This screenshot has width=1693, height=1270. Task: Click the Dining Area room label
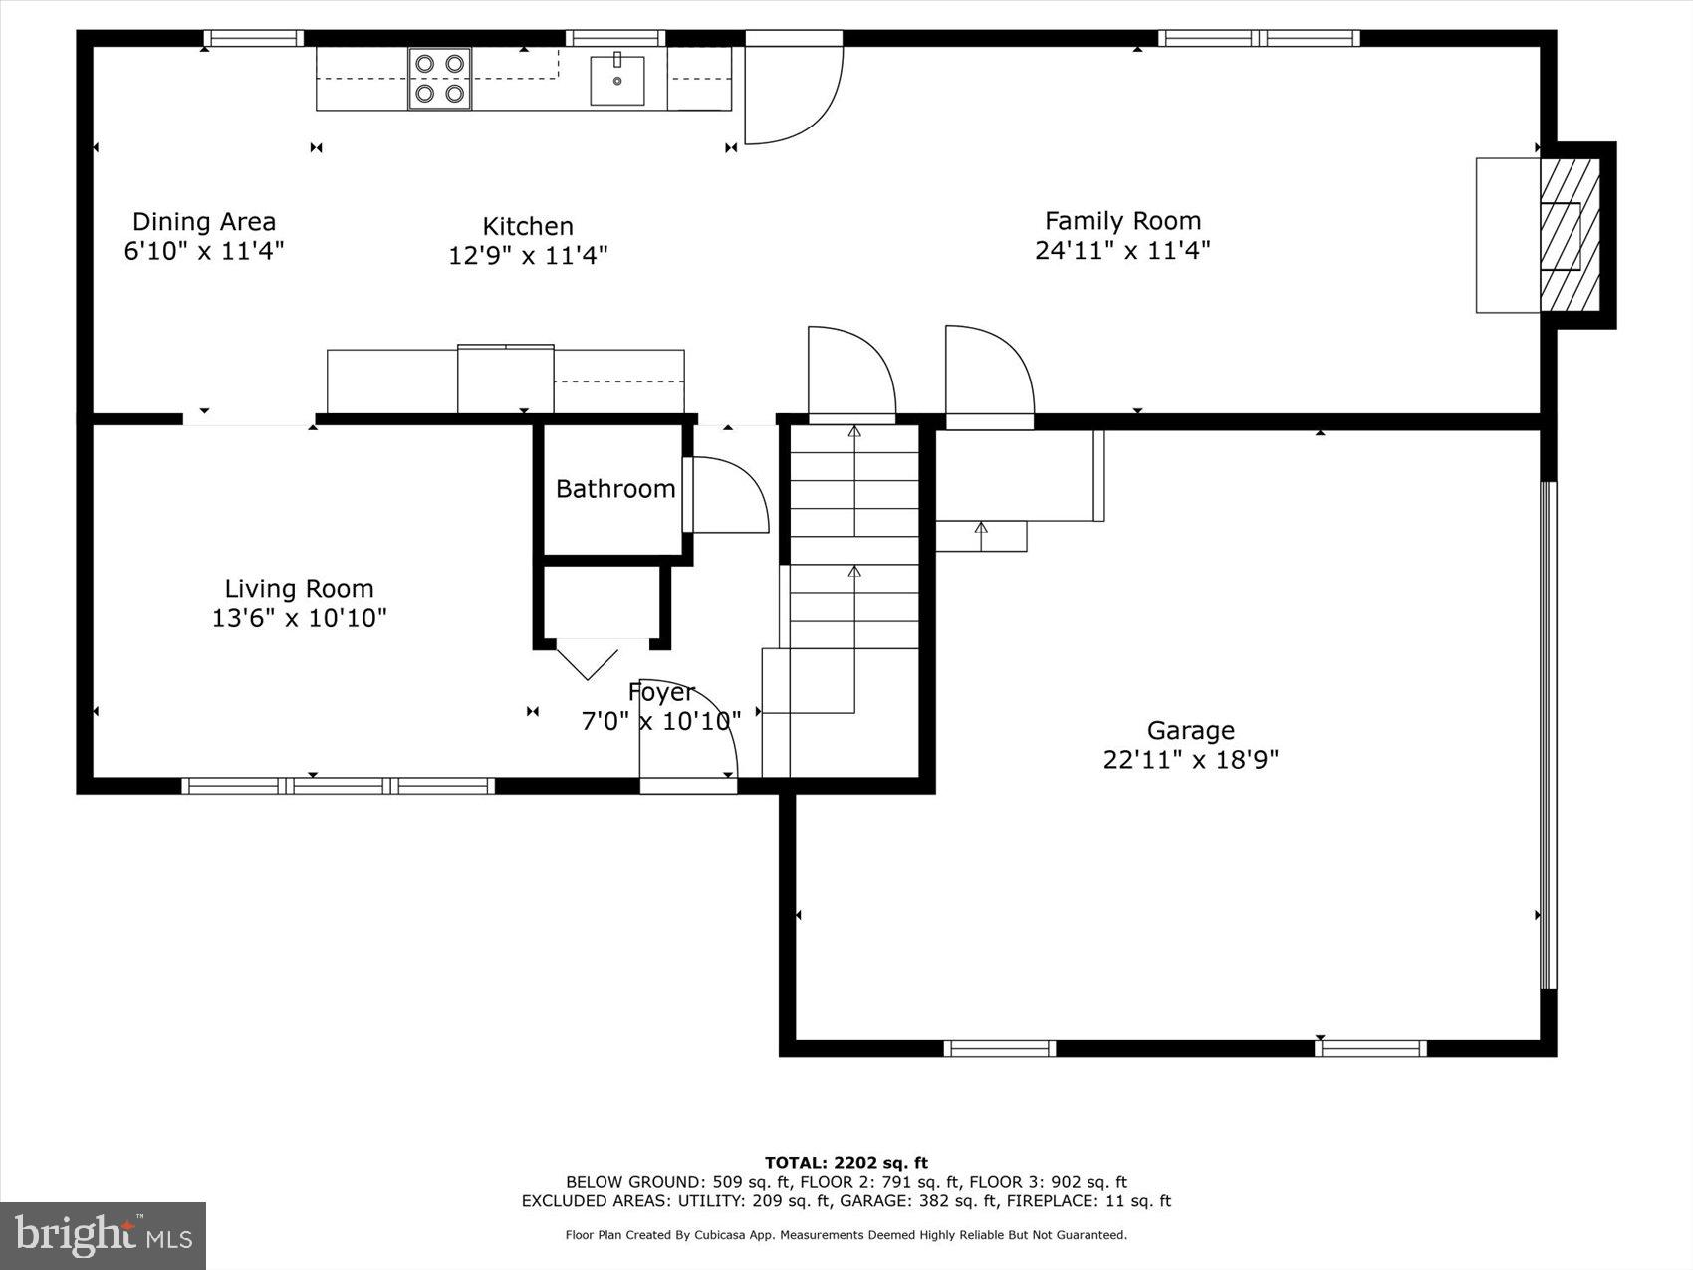204,221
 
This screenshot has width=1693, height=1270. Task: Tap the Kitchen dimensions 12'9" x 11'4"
528,255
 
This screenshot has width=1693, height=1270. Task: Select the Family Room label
1122,220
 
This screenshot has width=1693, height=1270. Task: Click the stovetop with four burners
440,79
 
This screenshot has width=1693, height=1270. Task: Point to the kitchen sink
616,81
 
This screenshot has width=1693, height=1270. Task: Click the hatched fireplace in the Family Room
1570,235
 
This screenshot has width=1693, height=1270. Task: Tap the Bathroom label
614,488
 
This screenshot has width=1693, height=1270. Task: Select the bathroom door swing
727,495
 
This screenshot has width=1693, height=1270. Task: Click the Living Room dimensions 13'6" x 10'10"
299,618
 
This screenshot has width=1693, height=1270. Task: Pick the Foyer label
660,692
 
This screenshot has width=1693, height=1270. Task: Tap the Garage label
1190,730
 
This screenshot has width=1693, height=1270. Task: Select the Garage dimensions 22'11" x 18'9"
1190,760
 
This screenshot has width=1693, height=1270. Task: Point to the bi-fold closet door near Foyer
588,660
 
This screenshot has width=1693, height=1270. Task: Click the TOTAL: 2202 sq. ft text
846,1162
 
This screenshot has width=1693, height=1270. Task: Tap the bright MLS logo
103,1235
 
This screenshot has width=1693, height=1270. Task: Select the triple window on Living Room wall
338,786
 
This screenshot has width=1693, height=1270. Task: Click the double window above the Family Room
1259,39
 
